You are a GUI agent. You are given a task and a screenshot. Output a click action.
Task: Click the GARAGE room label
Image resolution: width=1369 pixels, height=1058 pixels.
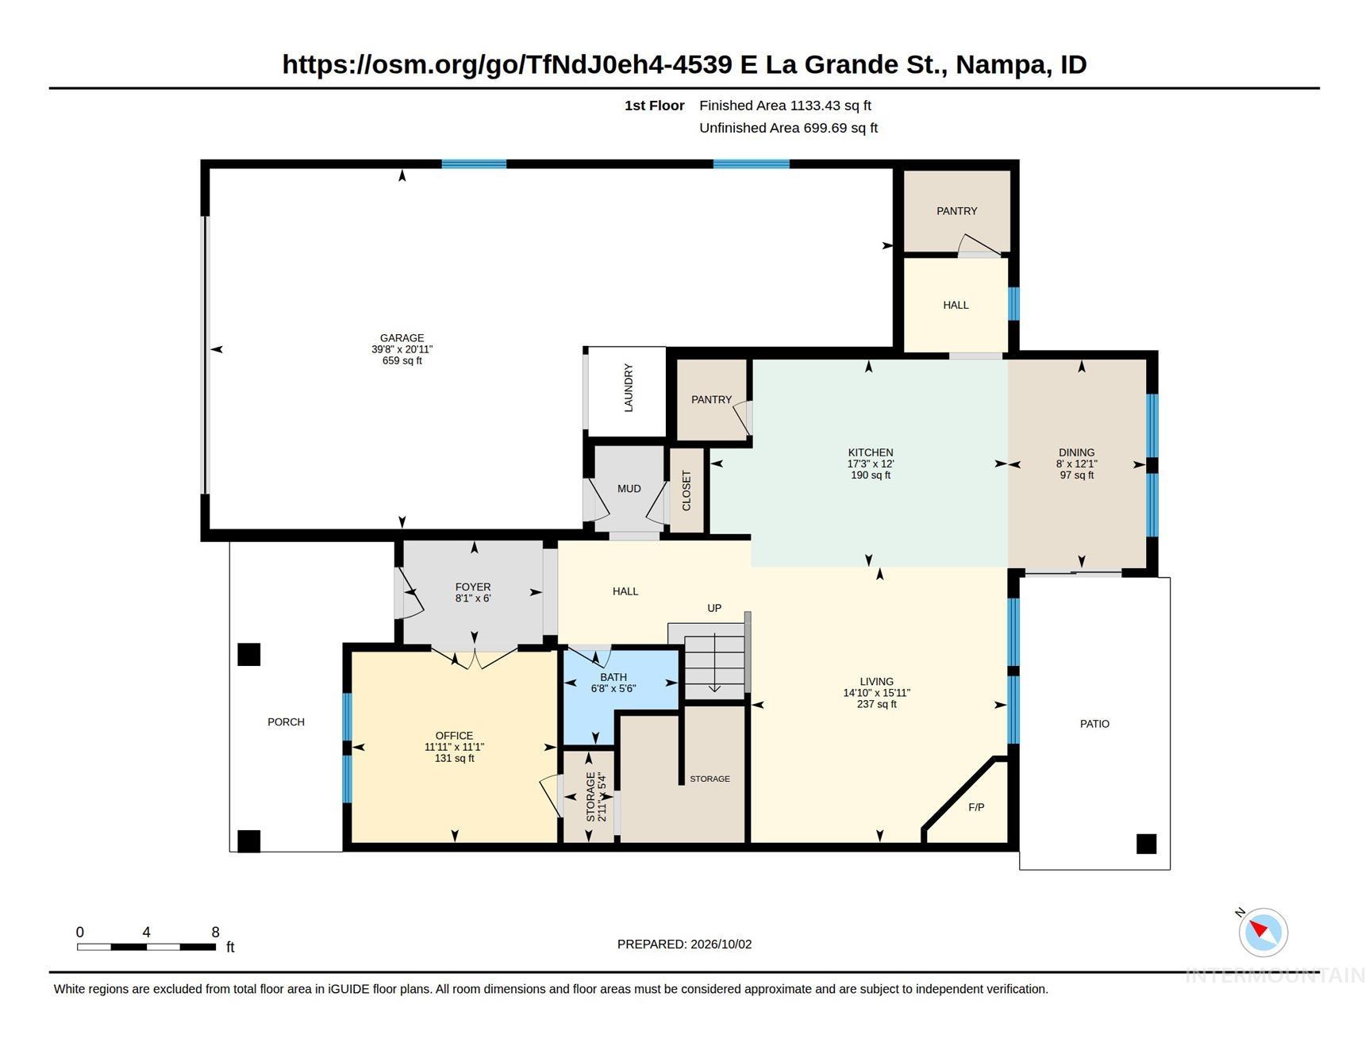point(402,338)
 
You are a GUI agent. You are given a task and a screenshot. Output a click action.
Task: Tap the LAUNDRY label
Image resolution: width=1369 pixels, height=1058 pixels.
point(629,388)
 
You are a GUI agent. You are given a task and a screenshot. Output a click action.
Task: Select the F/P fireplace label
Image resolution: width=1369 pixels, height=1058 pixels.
point(976,807)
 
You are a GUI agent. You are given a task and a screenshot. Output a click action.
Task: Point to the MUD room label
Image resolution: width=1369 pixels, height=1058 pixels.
point(629,489)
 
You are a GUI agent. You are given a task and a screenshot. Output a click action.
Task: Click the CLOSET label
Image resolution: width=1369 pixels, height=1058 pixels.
point(686,491)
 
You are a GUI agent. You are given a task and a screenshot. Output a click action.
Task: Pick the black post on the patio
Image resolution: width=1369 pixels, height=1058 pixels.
point(1146,844)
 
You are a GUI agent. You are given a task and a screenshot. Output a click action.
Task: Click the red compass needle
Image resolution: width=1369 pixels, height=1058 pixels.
point(1259,928)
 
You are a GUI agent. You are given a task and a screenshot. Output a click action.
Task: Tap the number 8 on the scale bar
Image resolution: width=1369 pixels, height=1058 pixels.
point(215,932)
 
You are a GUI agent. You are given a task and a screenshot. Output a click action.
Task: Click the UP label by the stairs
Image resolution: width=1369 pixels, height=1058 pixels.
point(714,608)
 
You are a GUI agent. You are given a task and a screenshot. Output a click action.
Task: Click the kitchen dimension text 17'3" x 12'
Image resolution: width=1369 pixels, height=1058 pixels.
point(871,464)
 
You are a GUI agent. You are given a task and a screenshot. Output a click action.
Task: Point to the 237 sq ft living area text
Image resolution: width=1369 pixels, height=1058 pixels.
point(877,704)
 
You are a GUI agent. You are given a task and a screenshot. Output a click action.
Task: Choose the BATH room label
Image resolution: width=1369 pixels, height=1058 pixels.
point(613,677)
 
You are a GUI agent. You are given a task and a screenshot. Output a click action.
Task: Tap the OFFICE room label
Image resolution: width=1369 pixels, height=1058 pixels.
point(454,736)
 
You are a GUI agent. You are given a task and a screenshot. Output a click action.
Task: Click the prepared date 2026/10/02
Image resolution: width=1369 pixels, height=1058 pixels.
point(721,945)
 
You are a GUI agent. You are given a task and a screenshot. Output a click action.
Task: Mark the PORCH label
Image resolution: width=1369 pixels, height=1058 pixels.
point(286,722)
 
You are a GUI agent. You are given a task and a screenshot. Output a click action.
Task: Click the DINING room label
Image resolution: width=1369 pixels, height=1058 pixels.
point(1076,452)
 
